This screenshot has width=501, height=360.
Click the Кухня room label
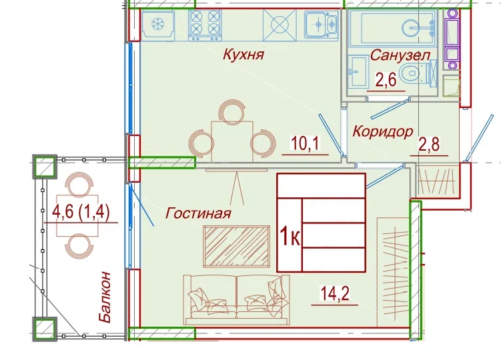pyautogui.click(x=243, y=54)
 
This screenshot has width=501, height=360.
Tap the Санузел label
pyautogui.click(x=400, y=55)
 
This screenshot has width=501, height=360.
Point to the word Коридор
pyautogui.click(x=383, y=131)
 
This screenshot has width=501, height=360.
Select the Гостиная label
pyautogui.click(x=198, y=213)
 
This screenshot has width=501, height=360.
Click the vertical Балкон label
pyautogui.click(x=105, y=297)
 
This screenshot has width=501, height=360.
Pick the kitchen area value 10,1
pyautogui.click(x=305, y=143)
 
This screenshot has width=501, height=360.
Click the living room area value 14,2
pyautogui.click(x=334, y=293)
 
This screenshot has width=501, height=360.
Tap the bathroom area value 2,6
pyautogui.click(x=386, y=79)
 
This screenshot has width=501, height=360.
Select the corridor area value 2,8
pyautogui.click(x=429, y=145)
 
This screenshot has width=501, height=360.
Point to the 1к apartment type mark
pyautogui.click(x=290, y=235)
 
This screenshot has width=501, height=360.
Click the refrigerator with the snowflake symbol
pyautogui.click(x=157, y=25)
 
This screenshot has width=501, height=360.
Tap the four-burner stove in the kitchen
pyautogui.click(x=205, y=25)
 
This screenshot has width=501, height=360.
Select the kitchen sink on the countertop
pyautogui.click(x=321, y=25)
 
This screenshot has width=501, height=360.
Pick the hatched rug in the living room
pyautogui.click(x=236, y=246)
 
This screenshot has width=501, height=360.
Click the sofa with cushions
pyautogui.click(x=236, y=299)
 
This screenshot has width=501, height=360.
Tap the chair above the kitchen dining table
pyautogui.click(x=232, y=112)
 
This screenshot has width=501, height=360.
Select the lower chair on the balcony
pyautogui.click(x=79, y=246)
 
